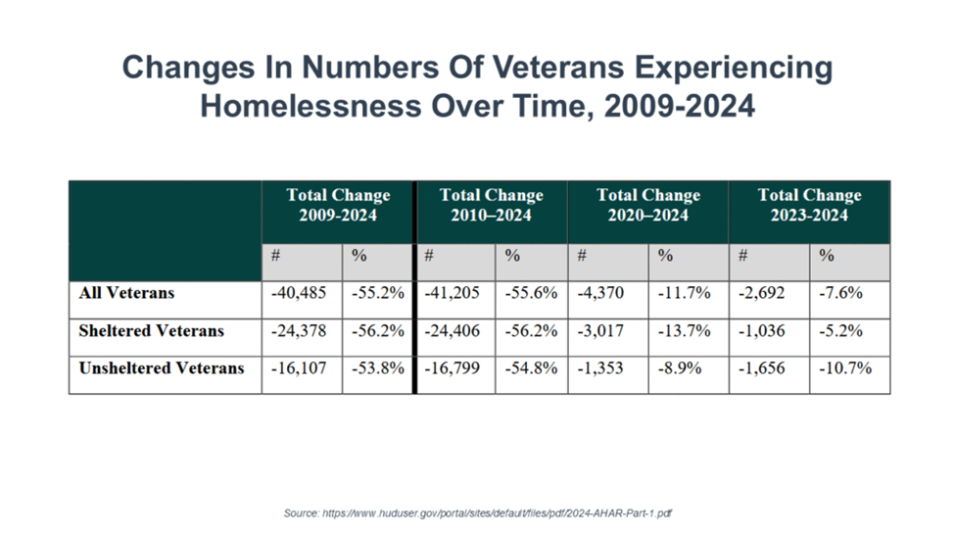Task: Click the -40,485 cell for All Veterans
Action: click(x=301, y=293)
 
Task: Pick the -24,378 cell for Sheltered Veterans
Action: click(x=301, y=331)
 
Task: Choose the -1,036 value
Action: click(x=766, y=331)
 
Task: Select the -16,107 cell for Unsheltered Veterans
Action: click(x=301, y=369)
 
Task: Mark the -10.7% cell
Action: click(x=844, y=369)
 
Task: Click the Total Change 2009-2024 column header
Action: click(x=338, y=205)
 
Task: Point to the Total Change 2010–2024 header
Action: click(x=491, y=205)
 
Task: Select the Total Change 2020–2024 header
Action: click(x=647, y=205)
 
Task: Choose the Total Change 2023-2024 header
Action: click(x=809, y=205)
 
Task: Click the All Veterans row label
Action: click(x=125, y=293)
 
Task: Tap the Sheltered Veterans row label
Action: click(x=151, y=331)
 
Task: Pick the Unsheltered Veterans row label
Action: click(x=161, y=369)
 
